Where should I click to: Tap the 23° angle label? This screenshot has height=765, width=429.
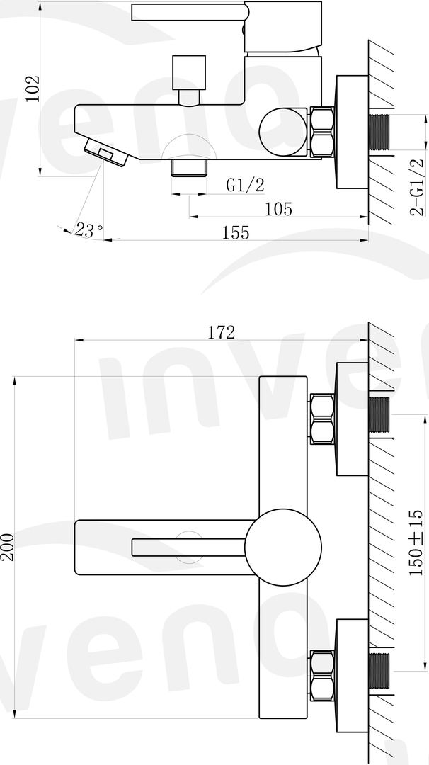tap(89, 230)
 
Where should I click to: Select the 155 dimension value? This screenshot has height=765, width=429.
tap(235, 232)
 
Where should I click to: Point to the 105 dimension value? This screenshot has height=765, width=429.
tap(278, 209)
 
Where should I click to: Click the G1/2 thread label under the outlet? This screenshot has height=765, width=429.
tap(245, 185)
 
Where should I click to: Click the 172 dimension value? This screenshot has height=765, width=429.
tap(221, 331)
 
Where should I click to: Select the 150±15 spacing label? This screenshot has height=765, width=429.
tap(416, 542)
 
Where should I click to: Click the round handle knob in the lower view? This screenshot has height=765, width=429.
tap(283, 546)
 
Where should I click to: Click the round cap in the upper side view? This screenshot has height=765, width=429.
tap(283, 130)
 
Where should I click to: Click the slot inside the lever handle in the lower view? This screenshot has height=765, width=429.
tap(188, 547)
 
